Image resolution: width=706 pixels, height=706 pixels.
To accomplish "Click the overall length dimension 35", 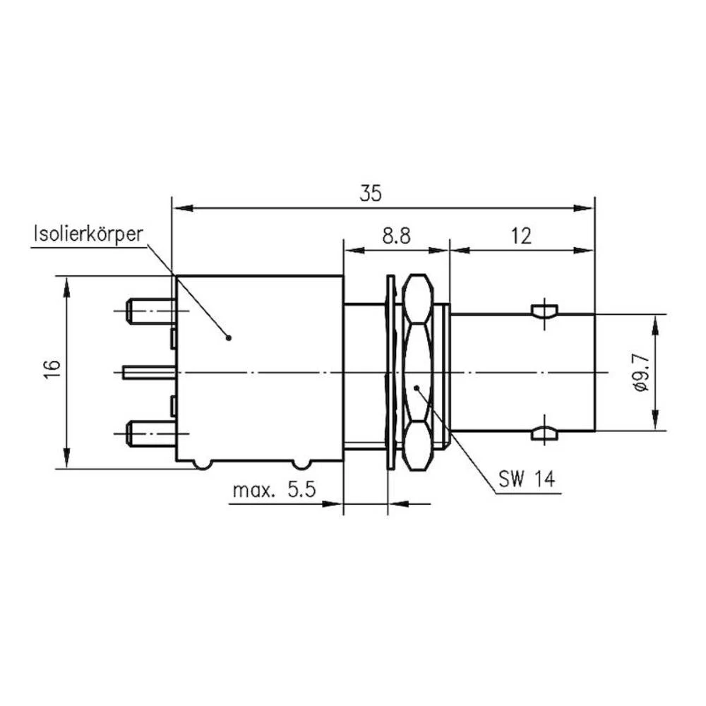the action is point(371,193).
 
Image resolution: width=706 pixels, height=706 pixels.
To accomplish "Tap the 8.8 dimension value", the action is point(396,236).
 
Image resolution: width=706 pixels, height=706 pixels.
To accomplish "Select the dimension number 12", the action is point(521,236).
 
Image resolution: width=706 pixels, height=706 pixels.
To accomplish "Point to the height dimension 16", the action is point(53,369).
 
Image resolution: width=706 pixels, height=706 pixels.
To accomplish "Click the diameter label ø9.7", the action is point(641,372).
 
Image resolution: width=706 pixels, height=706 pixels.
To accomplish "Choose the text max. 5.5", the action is point(274,490).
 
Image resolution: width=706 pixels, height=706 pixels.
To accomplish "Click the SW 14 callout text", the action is point(527,479).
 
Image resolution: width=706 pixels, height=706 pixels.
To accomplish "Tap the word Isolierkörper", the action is point(88,234).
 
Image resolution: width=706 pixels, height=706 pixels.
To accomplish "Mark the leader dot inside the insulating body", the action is point(229,337).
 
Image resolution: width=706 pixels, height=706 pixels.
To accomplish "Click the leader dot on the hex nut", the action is point(417,388).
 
